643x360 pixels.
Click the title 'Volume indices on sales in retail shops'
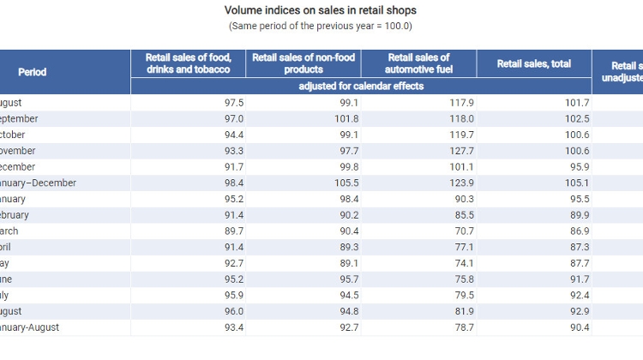(321, 10)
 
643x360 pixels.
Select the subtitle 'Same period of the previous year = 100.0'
(321, 26)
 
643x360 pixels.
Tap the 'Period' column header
(33, 72)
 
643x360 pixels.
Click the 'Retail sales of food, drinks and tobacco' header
(188, 63)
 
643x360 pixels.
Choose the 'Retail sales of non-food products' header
(303, 63)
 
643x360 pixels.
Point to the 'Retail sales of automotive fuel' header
(418, 63)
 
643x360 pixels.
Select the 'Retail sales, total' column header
(533, 63)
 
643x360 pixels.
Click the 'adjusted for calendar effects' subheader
(361, 87)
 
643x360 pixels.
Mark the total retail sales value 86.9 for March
(577, 231)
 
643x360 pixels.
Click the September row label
(17, 118)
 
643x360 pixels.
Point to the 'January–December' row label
(38, 183)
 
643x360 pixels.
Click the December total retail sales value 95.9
(577, 167)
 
